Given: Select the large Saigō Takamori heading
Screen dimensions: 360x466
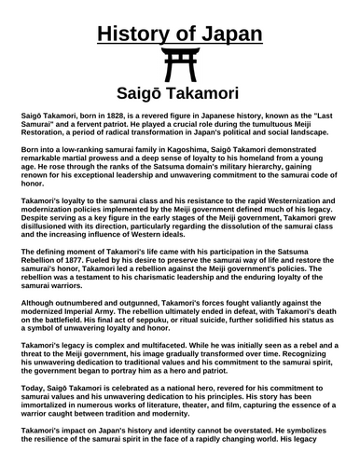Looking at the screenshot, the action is [x=179, y=95].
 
